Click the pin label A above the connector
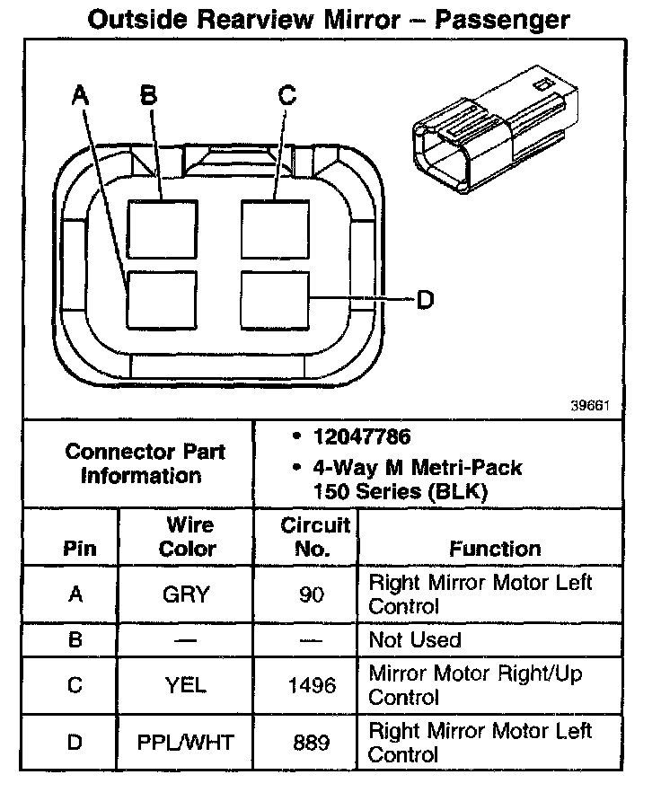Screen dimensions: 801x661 point(81,95)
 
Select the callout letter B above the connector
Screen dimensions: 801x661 point(149,95)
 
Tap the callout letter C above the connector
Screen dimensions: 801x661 point(286,95)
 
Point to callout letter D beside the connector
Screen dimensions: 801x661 point(425,299)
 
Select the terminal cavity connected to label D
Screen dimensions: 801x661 point(275,300)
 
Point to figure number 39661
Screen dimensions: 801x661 point(590,405)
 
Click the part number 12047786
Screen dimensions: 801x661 point(361,437)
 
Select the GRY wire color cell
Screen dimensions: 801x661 point(187,594)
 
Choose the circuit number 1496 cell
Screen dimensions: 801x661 point(311,686)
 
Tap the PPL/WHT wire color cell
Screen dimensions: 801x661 point(187,743)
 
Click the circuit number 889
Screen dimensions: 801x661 point(311,743)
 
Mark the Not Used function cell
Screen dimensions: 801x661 point(414,640)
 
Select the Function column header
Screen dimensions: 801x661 point(495,549)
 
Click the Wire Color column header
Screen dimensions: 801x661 point(187,536)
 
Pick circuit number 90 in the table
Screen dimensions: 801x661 point(311,594)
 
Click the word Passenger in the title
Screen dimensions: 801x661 point(502,19)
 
